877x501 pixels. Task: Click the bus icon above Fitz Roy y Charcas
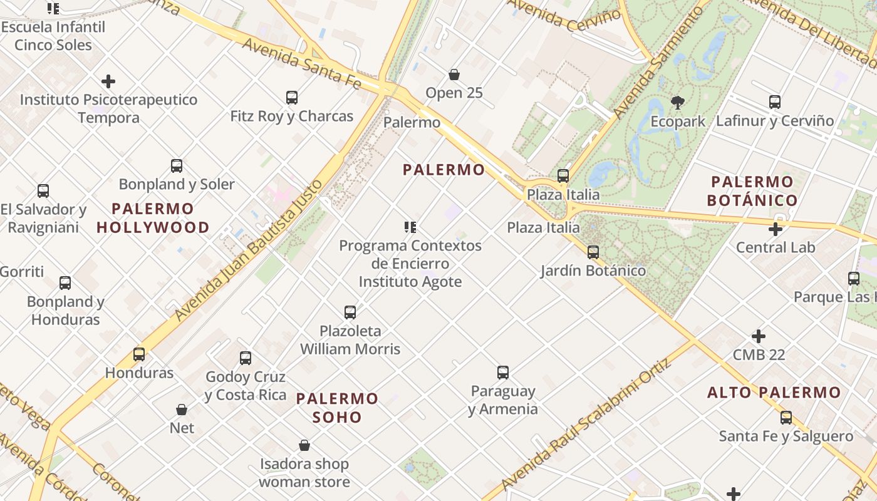point(292,98)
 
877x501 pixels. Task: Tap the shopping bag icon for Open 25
point(454,75)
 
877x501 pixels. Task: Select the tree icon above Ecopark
point(677,103)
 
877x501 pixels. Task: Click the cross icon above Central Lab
point(776,229)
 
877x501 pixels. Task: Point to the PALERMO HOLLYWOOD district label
point(153,218)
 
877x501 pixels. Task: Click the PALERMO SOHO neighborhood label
point(337,408)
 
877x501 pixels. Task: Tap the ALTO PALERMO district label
point(774,393)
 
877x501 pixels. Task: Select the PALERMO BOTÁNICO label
point(752,191)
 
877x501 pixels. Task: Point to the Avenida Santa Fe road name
point(301,62)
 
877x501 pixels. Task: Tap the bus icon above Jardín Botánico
point(593,252)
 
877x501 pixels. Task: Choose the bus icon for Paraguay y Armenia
point(503,373)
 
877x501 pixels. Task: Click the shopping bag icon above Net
point(182,410)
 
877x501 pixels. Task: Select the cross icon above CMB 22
point(759,336)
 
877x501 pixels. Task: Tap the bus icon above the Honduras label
point(139,354)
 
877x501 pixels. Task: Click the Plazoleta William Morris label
point(350,339)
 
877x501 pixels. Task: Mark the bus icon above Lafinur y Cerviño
point(775,102)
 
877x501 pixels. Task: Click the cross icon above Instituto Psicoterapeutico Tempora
point(108,81)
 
